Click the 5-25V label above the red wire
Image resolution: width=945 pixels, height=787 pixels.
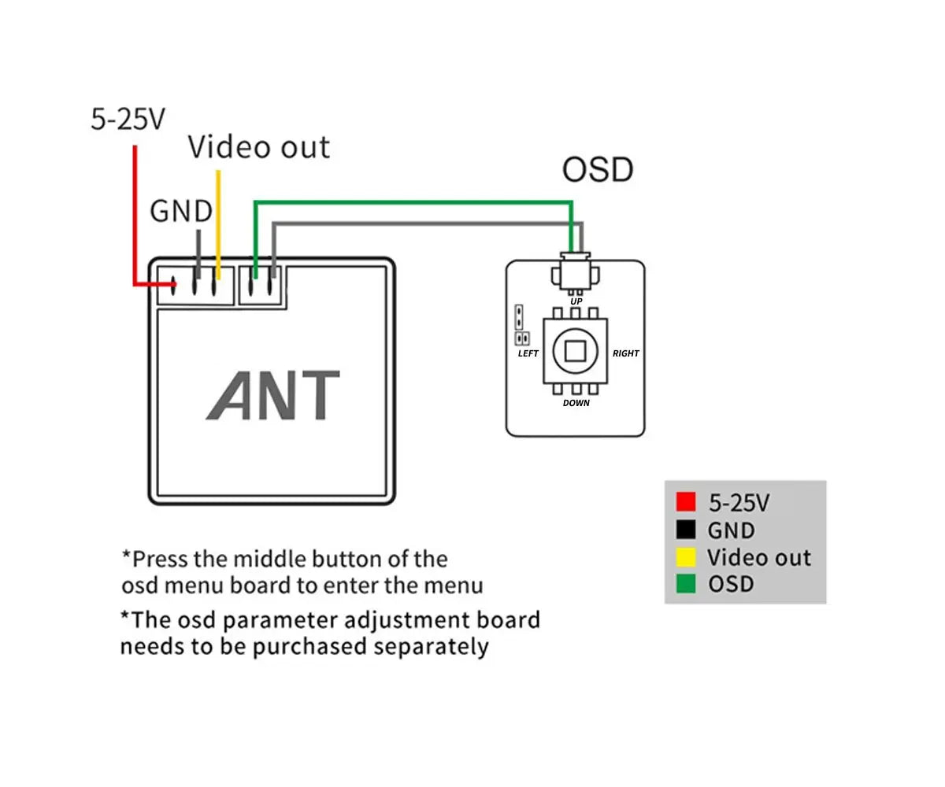(128, 120)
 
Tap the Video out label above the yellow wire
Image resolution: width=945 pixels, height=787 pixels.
(259, 148)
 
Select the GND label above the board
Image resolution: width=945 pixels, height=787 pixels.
(181, 211)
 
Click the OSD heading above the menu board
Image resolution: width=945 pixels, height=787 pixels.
(598, 170)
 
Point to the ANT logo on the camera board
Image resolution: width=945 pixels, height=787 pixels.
(273, 396)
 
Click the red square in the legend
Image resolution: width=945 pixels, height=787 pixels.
(686, 502)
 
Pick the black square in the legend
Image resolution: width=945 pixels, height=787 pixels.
(686, 530)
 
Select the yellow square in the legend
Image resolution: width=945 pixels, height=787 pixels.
(686, 557)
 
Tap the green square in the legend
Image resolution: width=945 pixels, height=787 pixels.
(686, 584)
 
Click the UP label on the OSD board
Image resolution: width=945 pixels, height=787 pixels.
(576, 301)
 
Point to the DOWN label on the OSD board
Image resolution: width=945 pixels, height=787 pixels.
(576, 403)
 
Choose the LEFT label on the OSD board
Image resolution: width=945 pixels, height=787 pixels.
(528, 353)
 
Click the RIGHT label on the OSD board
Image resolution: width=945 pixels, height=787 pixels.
(626, 353)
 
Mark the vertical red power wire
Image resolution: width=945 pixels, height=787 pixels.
(135, 212)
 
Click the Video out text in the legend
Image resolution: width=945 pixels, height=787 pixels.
(758, 557)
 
